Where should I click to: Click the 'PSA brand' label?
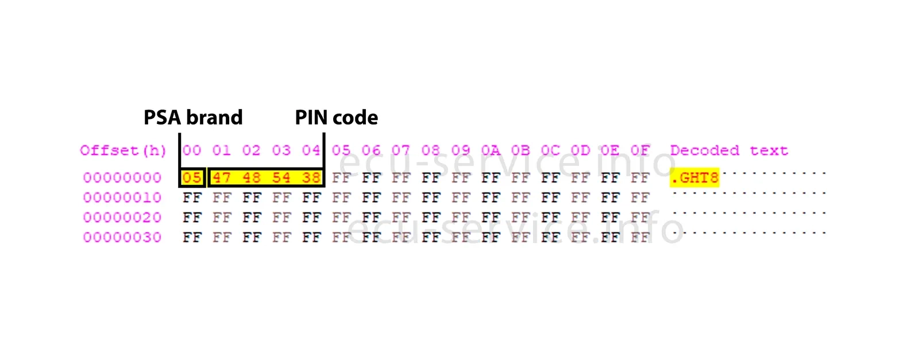193,118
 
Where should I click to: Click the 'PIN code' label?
336,118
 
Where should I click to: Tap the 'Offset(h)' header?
123,151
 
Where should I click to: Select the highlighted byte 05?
192,178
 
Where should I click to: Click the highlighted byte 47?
222,178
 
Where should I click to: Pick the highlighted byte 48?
252,178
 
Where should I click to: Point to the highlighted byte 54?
281,178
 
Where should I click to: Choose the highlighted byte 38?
311,178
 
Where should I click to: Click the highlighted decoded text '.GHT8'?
694,178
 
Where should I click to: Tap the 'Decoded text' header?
729,151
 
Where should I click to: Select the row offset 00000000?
122,178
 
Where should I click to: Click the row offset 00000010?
122,198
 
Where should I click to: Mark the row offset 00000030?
122,238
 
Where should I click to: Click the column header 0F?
640,151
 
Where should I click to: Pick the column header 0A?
491,151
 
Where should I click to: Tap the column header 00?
192,151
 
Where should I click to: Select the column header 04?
311,151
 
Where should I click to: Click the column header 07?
401,151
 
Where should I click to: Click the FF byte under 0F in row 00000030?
640,238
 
